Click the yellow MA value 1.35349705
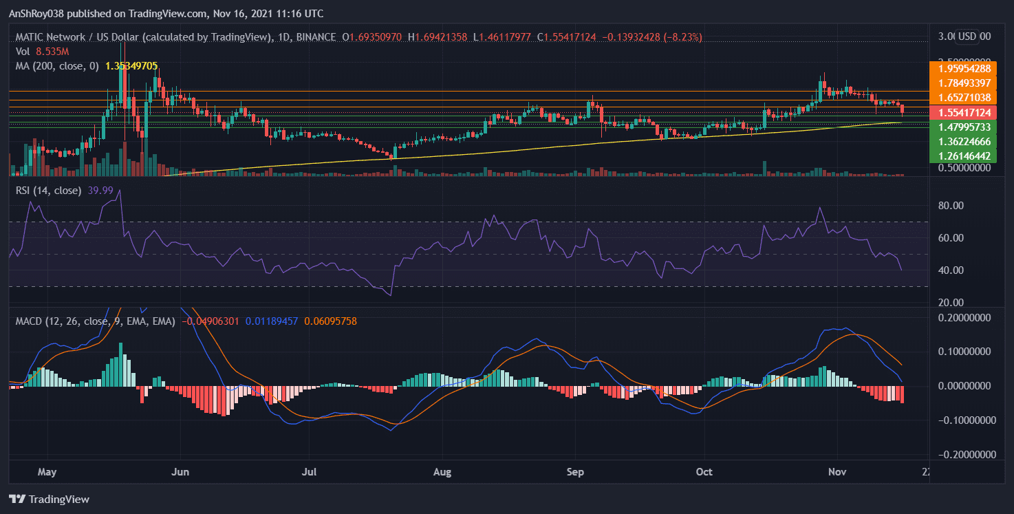click(131, 66)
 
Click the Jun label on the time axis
click(180, 473)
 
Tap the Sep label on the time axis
click(575, 473)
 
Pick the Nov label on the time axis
click(837, 473)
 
